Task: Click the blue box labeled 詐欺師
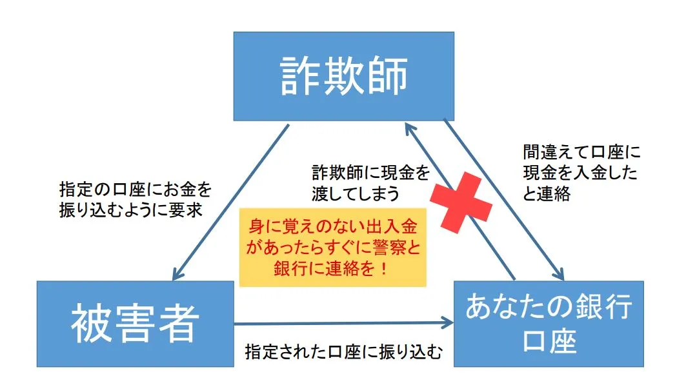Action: [x=343, y=76]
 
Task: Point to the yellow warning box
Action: [x=333, y=247]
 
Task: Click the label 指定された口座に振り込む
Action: [x=344, y=352]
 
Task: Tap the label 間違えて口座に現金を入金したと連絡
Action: [x=580, y=172]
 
